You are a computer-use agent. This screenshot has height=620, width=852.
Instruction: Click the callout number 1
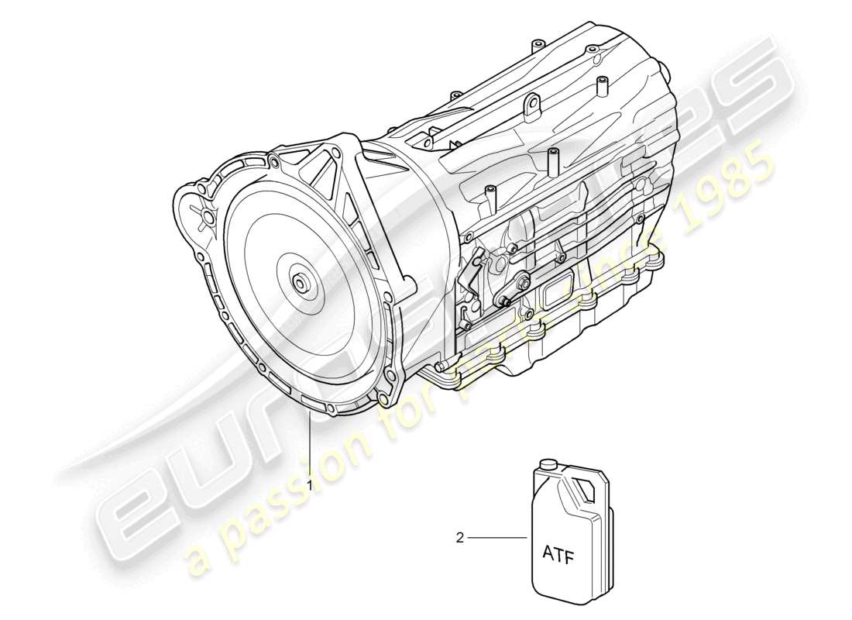tap(311, 484)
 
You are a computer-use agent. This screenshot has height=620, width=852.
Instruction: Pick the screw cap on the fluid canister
tap(548, 466)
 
